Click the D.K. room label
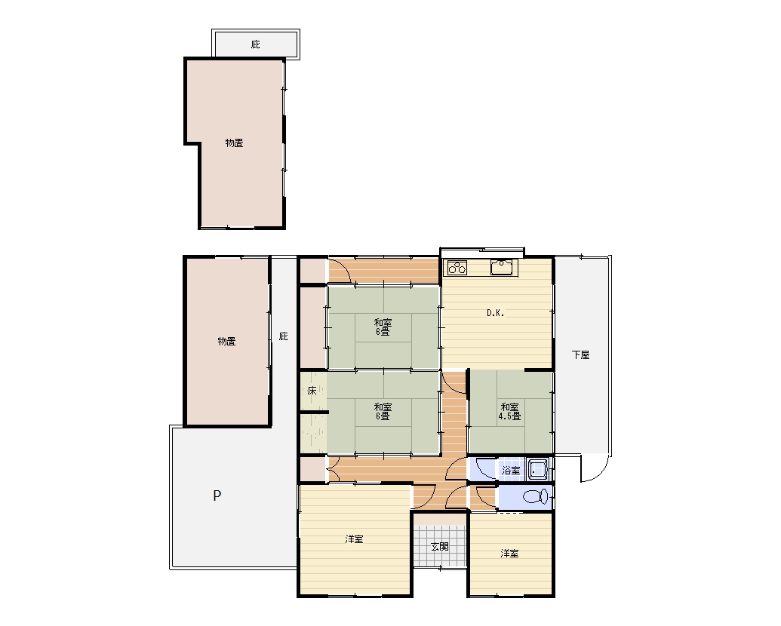point(495,313)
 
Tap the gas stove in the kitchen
point(457,268)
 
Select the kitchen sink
point(502,267)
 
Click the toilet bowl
point(536,496)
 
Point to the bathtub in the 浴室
point(538,470)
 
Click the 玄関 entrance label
point(440,546)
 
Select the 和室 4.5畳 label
point(509,412)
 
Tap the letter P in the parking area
point(217,496)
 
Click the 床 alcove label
point(312,391)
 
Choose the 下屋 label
point(581,354)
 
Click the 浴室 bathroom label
point(511,471)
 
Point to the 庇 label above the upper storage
point(256,44)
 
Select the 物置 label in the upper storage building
point(234,143)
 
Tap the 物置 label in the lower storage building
point(226,341)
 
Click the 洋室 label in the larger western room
point(354,539)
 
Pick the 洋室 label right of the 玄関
point(509,554)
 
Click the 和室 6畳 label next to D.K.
point(383,327)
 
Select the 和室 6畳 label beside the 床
point(383,412)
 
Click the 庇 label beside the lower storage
point(284,336)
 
